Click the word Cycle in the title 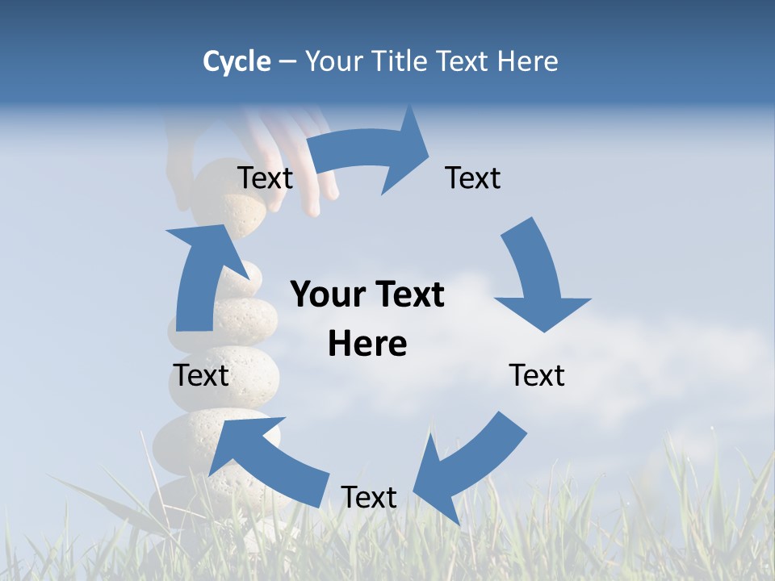237,61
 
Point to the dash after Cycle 287,62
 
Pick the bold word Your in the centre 329,295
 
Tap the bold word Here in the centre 367,344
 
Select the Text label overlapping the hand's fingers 265,178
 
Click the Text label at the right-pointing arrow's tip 473,178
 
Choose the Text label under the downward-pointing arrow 537,375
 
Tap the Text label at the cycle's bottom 369,497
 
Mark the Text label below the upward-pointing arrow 201,375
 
